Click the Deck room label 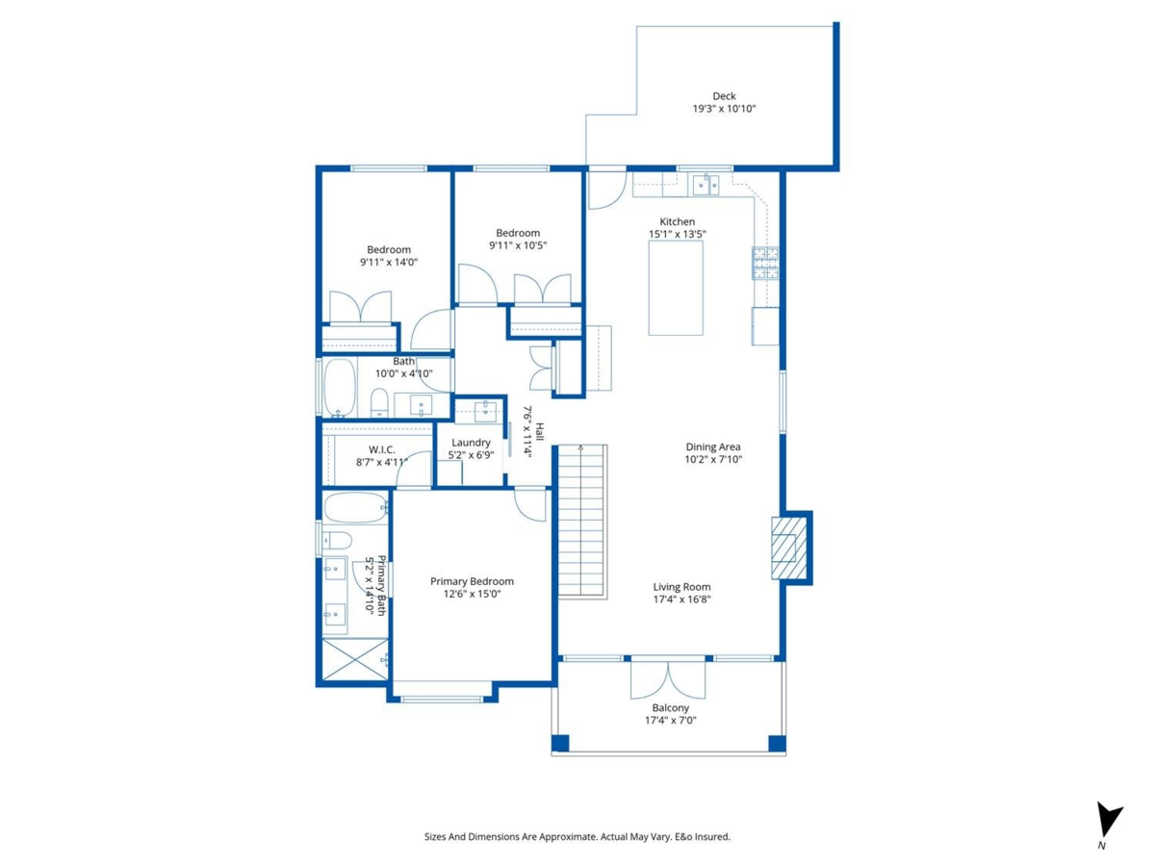(724, 95)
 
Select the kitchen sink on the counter (708, 184)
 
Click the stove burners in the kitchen (765, 263)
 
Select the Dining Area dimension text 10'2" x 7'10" (713, 460)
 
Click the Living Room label (681, 586)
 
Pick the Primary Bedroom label (472, 581)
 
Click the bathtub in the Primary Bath (353, 507)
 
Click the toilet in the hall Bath (379, 401)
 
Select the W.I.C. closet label (381, 449)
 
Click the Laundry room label (472, 443)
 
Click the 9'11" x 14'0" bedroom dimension (389, 262)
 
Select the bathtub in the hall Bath (339, 387)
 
